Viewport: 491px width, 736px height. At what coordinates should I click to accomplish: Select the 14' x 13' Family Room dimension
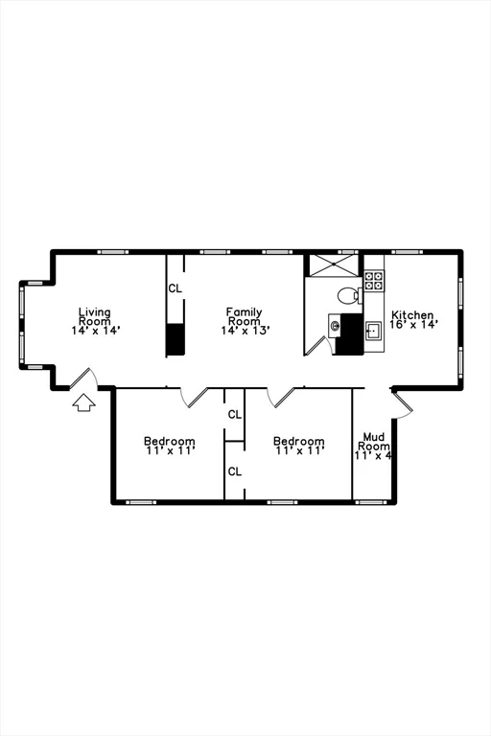(x=245, y=330)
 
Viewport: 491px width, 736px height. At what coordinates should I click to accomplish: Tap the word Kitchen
(x=412, y=315)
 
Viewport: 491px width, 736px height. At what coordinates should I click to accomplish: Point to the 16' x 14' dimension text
(x=413, y=325)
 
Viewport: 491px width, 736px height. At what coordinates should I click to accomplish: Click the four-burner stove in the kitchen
(x=374, y=281)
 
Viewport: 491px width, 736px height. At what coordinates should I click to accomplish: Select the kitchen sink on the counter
(x=374, y=331)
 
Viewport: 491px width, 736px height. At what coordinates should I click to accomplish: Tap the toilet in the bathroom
(x=348, y=295)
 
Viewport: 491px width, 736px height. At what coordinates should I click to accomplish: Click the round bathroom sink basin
(x=335, y=326)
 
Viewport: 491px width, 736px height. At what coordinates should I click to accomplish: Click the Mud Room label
(x=374, y=442)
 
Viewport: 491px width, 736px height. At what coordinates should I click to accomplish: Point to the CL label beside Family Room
(x=175, y=287)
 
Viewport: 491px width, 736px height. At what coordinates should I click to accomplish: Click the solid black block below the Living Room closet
(x=175, y=339)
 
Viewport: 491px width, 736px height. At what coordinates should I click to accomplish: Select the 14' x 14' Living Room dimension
(x=94, y=330)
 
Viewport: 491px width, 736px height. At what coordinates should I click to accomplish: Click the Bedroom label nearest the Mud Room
(x=298, y=442)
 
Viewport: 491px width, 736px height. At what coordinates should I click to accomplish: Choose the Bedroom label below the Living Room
(x=169, y=442)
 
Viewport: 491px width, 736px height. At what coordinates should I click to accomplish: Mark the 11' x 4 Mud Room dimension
(x=374, y=456)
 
